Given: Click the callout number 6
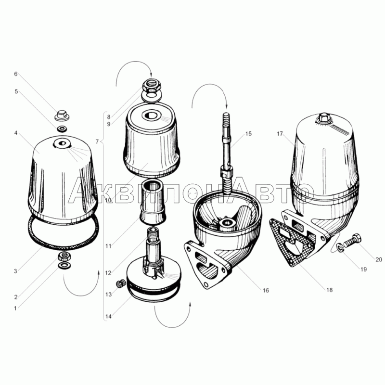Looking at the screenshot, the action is tap(16, 74).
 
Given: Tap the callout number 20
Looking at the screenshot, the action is tap(379, 259).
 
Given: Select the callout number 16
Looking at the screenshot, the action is tap(266, 291).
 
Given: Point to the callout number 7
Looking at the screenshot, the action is tap(97, 141).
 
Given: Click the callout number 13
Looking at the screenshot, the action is tap(109, 295).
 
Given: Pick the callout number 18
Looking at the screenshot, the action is tap(329, 290).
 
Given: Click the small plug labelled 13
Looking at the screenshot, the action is tap(119, 284).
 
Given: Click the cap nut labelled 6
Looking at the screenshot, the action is tap(62, 115).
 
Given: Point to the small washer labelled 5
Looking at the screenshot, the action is tap(62, 129).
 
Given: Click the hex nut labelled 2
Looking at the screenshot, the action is tap(64, 257).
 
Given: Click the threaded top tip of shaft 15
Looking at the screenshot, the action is tap(226, 117).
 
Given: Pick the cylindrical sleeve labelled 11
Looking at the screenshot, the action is tap(152, 202).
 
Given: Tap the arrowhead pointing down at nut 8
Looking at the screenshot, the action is tap(151, 74).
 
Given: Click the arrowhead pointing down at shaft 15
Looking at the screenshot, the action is tap(227, 106).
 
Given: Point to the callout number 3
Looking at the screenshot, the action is tap(15, 271).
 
